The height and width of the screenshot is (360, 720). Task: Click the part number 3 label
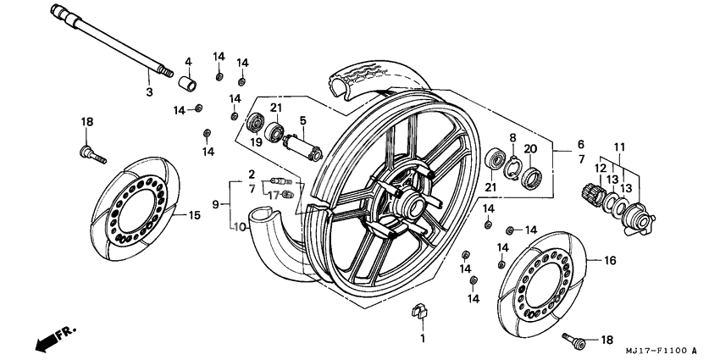tap(148, 92)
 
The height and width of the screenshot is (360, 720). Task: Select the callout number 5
tap(302, 120)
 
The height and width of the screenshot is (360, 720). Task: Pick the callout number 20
tap(530, 149)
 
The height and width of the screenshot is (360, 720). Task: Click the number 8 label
tap(512, 137)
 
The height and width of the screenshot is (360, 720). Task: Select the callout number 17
tap(274, 195)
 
